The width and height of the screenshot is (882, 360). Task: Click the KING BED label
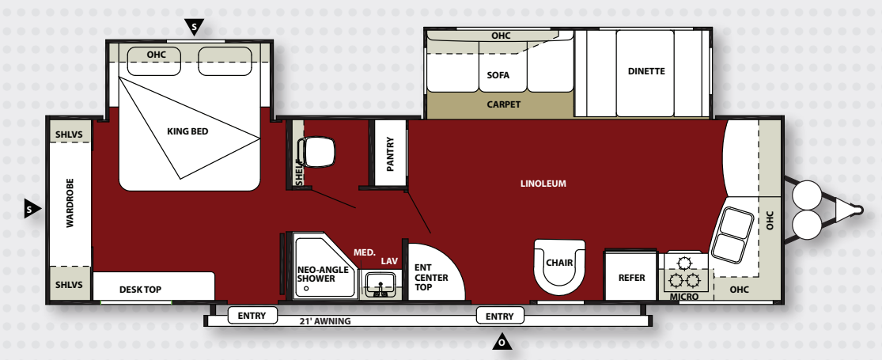point(187,131)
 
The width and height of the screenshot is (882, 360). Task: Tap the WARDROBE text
point(70,203)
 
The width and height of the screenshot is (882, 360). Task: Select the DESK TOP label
point(140,290)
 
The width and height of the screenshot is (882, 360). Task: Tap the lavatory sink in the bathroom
point(380,284)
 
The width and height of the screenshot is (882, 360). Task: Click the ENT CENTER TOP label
point(431,277)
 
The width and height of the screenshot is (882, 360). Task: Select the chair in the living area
point(559,266)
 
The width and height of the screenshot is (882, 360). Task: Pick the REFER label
point(631,277)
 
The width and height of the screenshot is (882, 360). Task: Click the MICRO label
point(684,297)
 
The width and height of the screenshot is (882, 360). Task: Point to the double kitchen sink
point(732,234)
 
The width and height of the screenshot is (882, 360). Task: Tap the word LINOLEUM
point(543,184)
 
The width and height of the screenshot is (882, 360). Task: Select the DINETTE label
point(646,71)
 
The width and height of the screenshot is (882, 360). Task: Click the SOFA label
point(498,75)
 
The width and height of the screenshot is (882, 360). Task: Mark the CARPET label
point(503,104)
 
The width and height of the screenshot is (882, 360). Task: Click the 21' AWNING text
point(325,321)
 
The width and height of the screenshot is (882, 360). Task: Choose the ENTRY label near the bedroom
point(252,316)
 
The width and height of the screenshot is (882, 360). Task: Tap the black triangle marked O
point(502,341)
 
